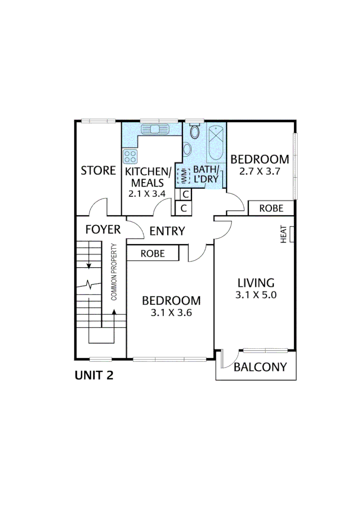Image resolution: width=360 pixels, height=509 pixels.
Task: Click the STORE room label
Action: [x=98, y=171]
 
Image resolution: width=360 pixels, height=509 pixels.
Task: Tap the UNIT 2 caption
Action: [x=94, y=376]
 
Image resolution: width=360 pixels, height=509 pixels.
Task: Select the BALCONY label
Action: [x=260, y=367]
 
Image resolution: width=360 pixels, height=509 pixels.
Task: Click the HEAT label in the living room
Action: [x=284, y=234]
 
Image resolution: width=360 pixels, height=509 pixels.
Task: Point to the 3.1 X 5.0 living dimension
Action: [x=256, y=296]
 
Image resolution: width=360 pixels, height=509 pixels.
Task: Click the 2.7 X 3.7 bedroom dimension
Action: [x=260, y=172]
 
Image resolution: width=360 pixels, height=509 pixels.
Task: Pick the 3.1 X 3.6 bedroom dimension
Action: [x=171, y=312]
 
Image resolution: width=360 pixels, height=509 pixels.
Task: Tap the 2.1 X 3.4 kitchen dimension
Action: [x=147, y=193]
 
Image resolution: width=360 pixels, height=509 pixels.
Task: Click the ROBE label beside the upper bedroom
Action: [x=271, y=208]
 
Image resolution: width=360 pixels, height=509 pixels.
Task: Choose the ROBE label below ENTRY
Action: [x=153, y=254]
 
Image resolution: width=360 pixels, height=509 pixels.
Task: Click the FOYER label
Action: [x=103, y=230]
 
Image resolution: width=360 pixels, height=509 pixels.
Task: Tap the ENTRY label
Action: [x=167, y=231]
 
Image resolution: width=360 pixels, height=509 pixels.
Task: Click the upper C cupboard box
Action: [x=185, y=194]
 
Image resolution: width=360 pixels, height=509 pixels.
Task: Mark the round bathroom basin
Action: [x=187, y=149]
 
